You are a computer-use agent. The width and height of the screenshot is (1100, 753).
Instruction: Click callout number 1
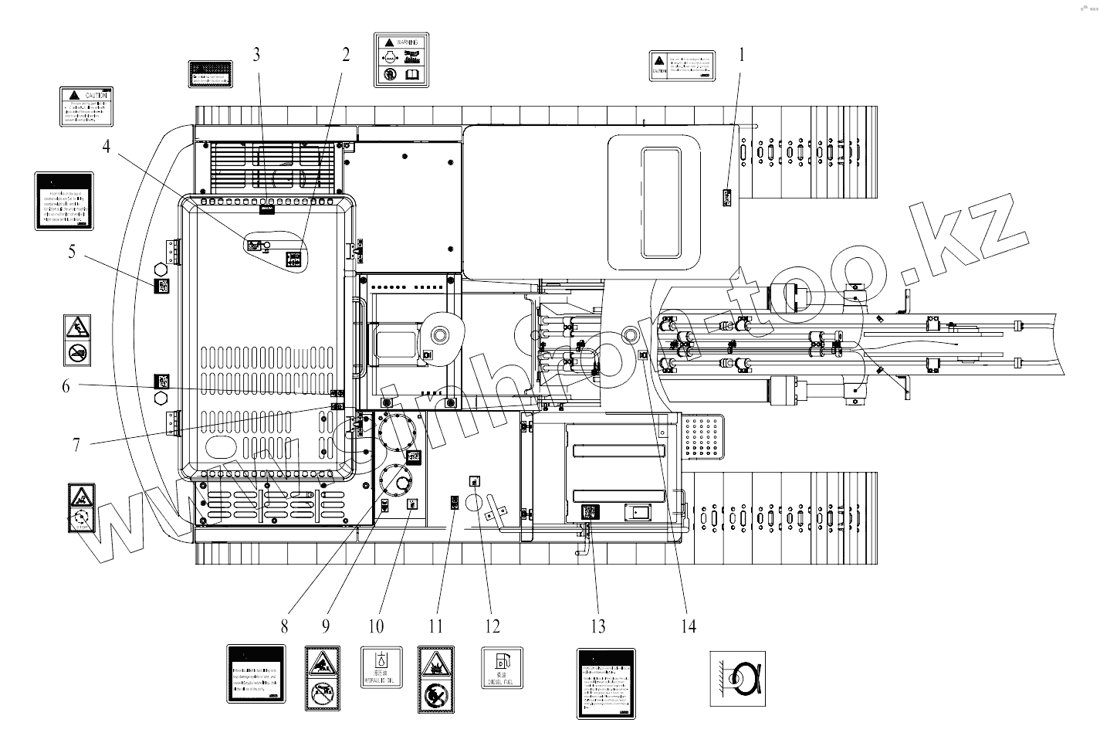742,55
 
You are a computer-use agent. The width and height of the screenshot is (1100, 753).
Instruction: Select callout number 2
345,54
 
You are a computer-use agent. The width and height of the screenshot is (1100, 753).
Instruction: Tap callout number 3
257,54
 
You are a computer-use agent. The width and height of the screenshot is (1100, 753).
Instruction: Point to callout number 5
72,252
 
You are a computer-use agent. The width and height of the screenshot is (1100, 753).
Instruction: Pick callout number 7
76,446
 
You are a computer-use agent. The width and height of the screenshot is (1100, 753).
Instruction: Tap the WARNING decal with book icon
401,59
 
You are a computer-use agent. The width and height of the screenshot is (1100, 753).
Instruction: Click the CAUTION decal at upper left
86,107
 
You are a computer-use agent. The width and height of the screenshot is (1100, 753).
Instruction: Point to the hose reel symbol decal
738,677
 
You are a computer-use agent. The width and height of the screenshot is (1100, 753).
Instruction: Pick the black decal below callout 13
606,684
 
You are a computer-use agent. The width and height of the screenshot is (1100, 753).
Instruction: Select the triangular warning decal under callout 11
436,679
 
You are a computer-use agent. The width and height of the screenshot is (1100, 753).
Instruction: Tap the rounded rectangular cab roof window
661,203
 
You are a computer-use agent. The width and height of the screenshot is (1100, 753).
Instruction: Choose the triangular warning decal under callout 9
323,679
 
